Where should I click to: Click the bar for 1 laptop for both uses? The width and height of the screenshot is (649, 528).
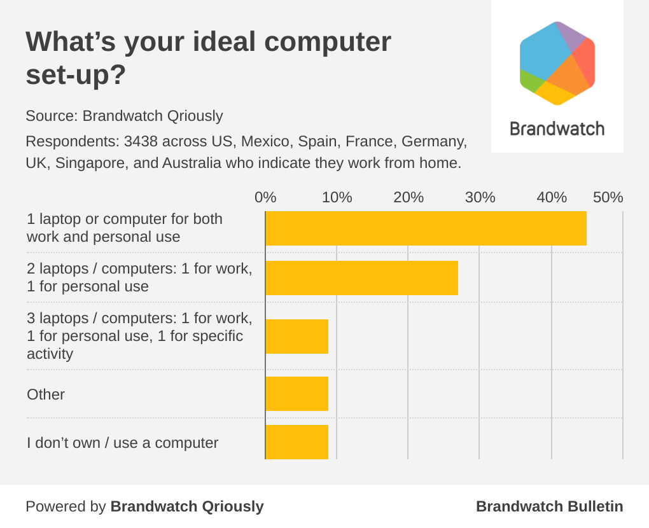click(x=426, y=228)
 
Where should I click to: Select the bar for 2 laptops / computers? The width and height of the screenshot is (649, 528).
click(x=361, y=277)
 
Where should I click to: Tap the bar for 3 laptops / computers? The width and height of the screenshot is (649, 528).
click(x=297, y=336)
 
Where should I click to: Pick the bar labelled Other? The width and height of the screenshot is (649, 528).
click(x=297, y=394)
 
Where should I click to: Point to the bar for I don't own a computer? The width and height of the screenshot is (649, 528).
click(x=297, y=442)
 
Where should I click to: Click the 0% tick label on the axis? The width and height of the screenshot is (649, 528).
click(x=265, y=197)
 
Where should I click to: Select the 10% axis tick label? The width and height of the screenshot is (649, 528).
click(x=337, y=197)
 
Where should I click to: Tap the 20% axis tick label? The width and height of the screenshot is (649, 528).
click(x=408, y=197)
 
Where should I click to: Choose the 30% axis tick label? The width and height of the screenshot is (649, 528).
click(x=480, y=197)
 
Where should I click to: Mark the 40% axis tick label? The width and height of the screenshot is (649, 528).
click(x=552, y=197)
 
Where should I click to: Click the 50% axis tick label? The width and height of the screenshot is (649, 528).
click(x=608, y=197)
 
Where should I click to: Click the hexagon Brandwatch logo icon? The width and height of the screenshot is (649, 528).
click(x=557, y=63)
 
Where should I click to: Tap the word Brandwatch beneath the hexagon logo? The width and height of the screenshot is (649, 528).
click(x=557, y=129)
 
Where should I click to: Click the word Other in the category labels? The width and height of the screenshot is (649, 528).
click(x=46, y=394)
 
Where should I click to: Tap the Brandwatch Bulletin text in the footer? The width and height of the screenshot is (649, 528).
click(x=549, y=506)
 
